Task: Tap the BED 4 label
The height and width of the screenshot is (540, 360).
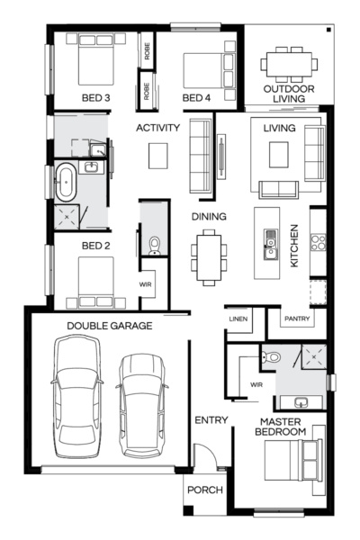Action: tap(195, 97)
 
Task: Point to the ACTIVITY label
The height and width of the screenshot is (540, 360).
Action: tap(158, 128)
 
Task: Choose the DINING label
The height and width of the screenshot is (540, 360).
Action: tap(209, 217)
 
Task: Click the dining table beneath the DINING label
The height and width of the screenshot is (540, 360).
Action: tap(209, 254)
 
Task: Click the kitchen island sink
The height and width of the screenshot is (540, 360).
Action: tap(270, 240)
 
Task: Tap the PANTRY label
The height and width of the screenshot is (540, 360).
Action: tap(297, 319)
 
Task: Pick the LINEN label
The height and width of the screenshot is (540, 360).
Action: tap(238, 319)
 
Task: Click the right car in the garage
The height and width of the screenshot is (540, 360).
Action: tap(141, 402)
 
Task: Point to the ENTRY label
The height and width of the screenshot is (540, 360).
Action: tap(211, 420)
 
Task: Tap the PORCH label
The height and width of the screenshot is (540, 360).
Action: tap(204, 490)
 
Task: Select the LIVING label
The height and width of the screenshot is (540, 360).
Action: tap(279, 129)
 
